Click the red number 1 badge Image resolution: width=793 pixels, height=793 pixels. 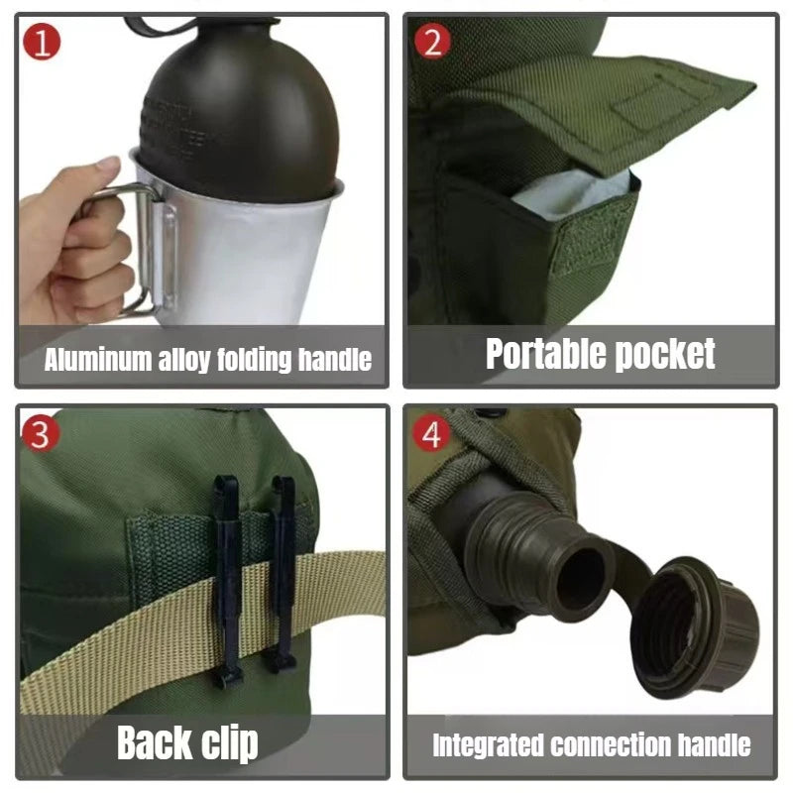[42, 43]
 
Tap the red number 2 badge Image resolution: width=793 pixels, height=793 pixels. [432, 43]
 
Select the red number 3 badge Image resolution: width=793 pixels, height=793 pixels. [39, 434]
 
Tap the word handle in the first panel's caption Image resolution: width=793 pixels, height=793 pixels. [336, 359]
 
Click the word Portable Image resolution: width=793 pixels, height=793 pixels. [540, 353]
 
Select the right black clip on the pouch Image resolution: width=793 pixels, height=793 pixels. [283, 575]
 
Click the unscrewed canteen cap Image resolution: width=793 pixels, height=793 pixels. [694, 624]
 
